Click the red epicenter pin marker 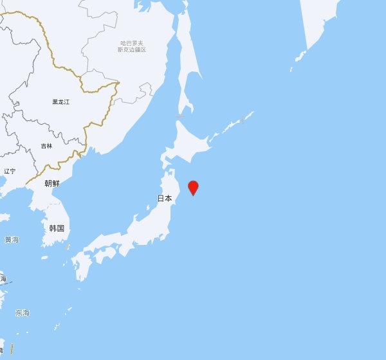click(192, 188)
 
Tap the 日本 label click(165, 199)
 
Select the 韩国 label click(57, 228)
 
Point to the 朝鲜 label click(52, 183)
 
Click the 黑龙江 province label click(61, 102)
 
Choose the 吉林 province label click(46, 146)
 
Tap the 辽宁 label click(9, 171)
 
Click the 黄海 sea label click(12, 240)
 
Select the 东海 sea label click(23, 313)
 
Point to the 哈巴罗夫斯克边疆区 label click(133, 46)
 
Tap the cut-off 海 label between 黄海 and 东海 click(3, 279)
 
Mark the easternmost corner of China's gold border click(119, 82)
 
